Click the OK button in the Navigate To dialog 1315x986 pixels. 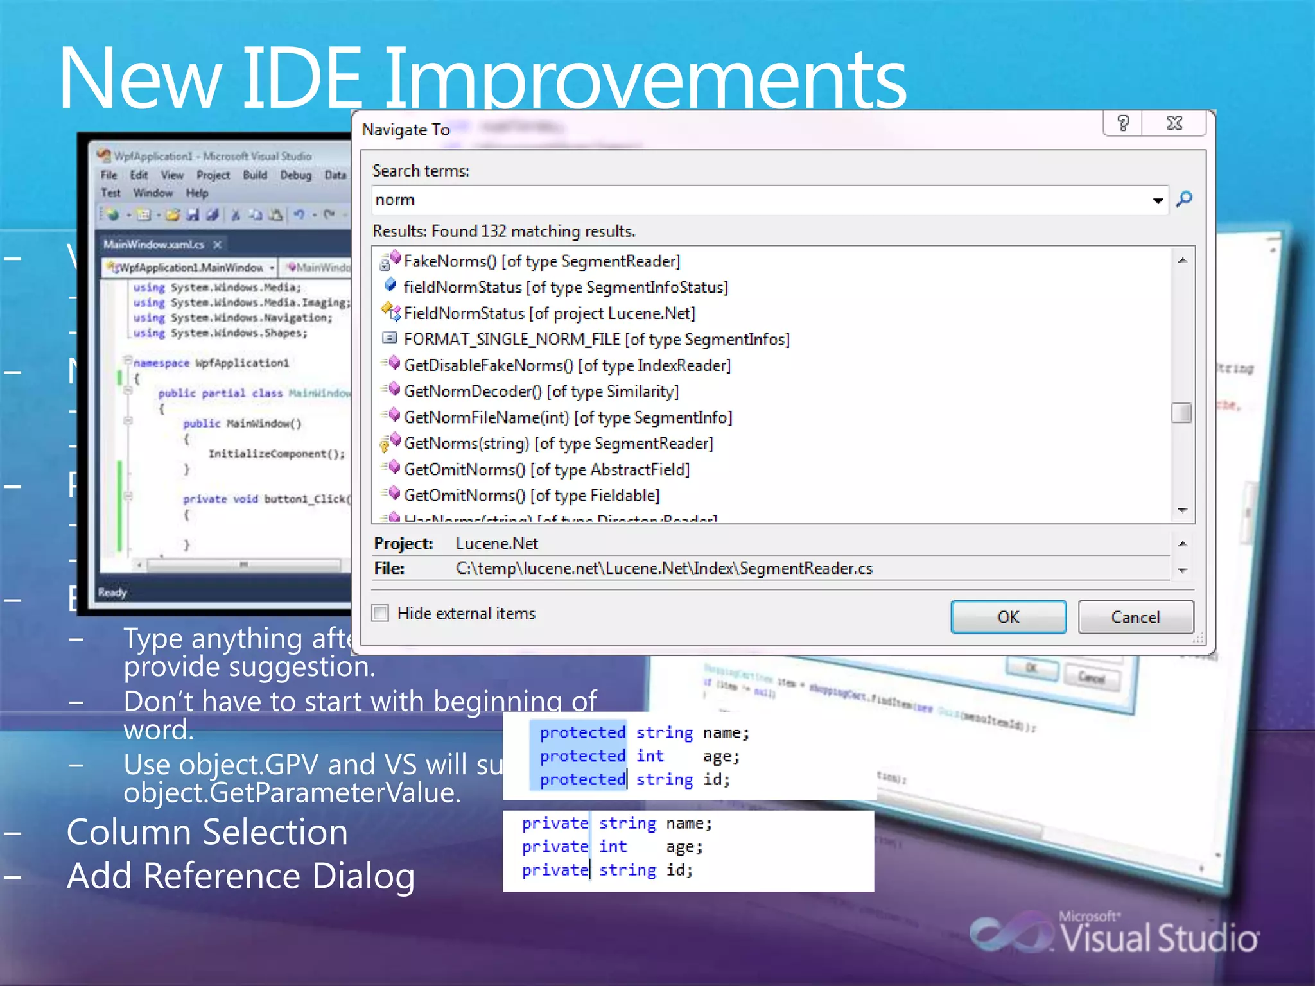(x=1007, y=617)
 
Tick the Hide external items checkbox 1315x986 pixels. (x=381, y=613)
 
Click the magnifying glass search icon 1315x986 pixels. (x=1184, y=199)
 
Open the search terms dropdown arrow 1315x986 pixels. (x=1157, y=201)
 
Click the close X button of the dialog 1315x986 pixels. (x=1174, y=123)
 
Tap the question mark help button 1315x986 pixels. (x=1123, y=123)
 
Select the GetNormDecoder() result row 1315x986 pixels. (x=541, y=391)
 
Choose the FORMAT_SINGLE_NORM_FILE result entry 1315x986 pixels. (x=596, y=339)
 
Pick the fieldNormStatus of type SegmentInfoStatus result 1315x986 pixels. (x=565, y=287)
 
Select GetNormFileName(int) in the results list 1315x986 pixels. (x=568, y=417)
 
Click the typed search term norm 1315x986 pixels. (x=395, y=200)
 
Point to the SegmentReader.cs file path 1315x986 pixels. (x=664, y=568)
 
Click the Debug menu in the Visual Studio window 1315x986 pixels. (x=295, y=175)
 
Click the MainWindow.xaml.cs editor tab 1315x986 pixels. (x=154, y=245)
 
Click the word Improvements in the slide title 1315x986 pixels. (x=645, y=80)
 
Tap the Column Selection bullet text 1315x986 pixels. (x=207, y=832)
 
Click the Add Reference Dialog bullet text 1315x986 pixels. (x=241, y=876)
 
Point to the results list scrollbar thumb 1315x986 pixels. (x=1181, y=413)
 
